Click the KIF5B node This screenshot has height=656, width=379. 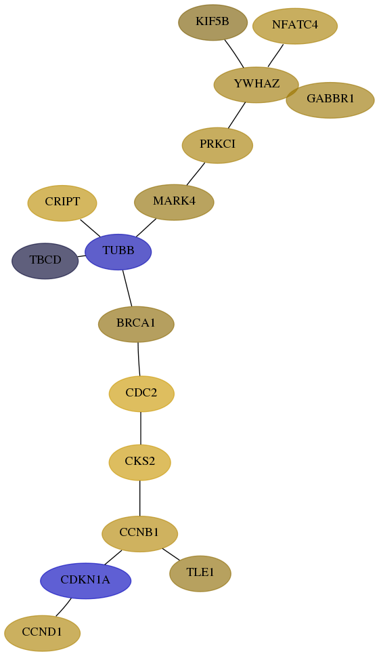213,22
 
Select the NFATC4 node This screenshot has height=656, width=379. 295,26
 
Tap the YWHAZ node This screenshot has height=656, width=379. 256,85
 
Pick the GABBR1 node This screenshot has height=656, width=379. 330,100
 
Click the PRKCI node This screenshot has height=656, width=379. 217,145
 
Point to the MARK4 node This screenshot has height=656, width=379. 174,202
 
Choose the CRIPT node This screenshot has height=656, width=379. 62,203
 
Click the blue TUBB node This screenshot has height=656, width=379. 118,252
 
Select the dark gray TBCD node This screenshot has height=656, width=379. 45,261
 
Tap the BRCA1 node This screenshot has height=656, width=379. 136,324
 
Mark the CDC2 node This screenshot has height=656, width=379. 141,394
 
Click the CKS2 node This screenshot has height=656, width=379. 140,462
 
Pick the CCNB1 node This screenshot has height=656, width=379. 139,534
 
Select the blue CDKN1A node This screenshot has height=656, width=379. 86,581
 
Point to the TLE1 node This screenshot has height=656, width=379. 200,573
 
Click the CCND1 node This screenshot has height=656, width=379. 42,633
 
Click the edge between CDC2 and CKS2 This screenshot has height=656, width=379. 141,428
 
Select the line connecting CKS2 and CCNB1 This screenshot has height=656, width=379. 140,498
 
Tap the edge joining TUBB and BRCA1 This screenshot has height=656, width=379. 127,288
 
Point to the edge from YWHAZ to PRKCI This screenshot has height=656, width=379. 236,115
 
